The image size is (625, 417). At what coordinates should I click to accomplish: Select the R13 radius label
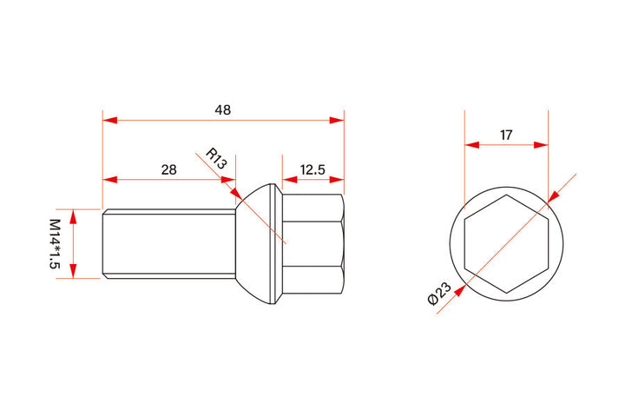216,158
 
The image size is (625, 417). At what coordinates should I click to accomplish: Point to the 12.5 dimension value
312,169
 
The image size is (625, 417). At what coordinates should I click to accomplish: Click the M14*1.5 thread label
55,243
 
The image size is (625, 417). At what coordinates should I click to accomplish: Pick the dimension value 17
506,135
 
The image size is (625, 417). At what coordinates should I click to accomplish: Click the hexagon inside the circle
506,244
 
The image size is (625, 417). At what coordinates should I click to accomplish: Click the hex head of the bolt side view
314,243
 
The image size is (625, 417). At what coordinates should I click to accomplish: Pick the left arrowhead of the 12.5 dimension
288,180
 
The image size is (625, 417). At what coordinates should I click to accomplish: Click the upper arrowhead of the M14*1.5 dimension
74,215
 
